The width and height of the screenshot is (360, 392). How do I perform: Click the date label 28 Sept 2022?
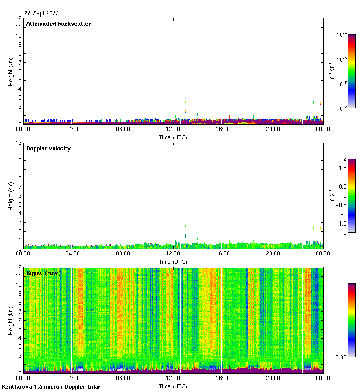coord(42,13)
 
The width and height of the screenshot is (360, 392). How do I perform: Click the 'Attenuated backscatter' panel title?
coord(58,24)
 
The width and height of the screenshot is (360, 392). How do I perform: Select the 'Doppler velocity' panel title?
coord(48,148)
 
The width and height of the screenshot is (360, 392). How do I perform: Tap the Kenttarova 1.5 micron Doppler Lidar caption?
coord(51,387)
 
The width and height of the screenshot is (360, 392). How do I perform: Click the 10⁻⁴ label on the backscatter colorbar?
coord(342,35)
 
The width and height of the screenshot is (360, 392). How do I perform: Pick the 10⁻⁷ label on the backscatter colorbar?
coord(342,108)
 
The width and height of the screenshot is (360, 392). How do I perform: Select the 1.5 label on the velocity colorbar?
coord(341,168)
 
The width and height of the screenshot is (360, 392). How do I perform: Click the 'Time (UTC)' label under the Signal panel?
coord(173,386)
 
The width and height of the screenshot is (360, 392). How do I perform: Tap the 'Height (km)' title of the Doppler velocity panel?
coord(11,196)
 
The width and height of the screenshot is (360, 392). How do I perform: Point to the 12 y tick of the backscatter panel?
coord(19,18)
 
